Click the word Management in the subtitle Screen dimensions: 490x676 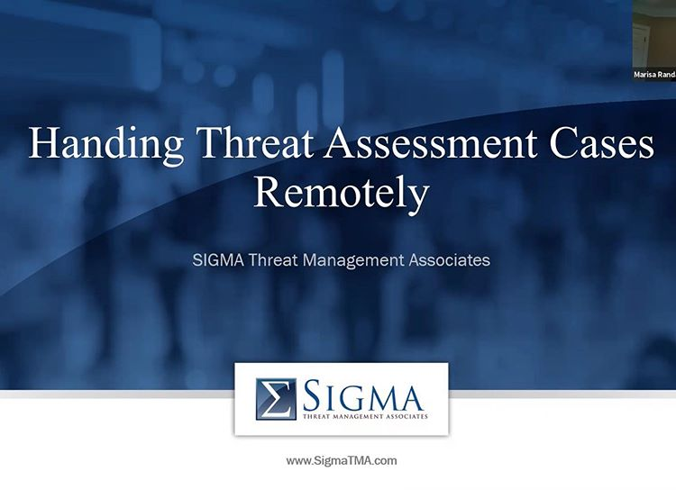(354, 261)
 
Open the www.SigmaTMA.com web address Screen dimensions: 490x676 (341, 460)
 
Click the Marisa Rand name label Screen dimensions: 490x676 (654, 75)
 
